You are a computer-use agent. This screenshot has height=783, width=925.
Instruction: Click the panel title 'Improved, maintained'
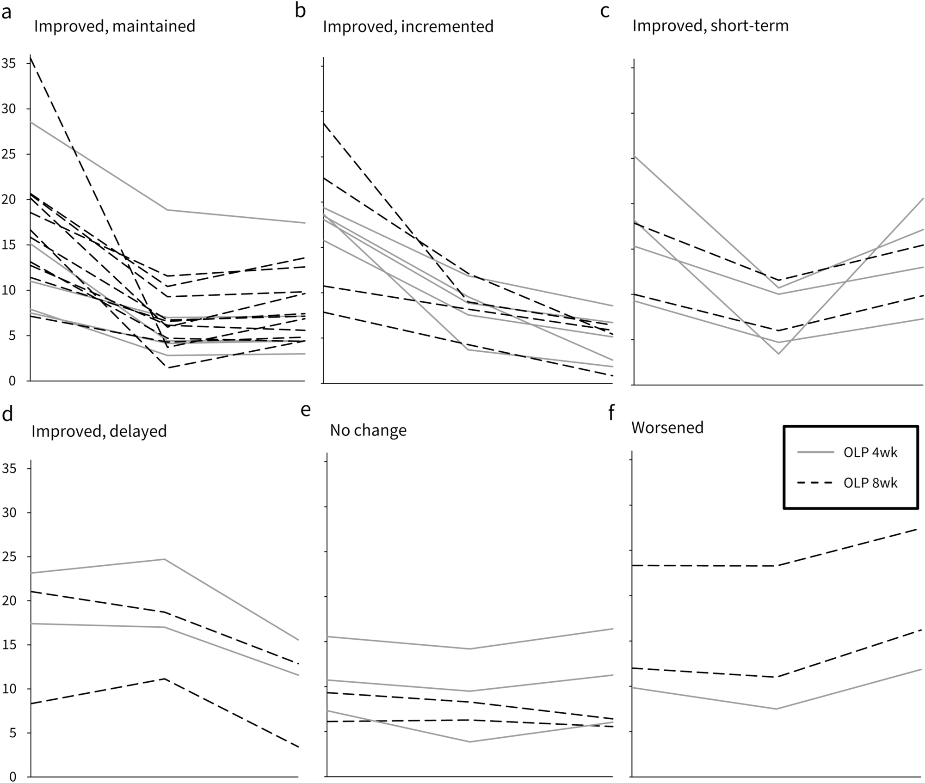point(115,26)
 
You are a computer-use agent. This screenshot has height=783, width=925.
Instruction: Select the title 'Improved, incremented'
point(408,26)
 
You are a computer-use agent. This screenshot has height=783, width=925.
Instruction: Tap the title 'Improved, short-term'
point(710,25)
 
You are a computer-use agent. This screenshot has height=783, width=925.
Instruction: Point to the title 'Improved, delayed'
point(99,431)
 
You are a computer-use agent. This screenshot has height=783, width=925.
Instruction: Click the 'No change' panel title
point(368,430)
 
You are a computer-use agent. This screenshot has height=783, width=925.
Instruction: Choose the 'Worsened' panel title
point(667,428)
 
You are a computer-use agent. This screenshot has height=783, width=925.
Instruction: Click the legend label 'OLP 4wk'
point(870,452)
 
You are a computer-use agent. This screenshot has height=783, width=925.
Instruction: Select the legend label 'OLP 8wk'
point(870,483)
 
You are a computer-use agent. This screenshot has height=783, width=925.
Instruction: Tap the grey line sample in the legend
point(816,452)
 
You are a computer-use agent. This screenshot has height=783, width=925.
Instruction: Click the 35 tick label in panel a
point(9,63)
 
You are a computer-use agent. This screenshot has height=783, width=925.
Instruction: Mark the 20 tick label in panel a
point(9,199)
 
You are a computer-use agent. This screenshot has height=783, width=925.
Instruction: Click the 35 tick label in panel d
point(9,469)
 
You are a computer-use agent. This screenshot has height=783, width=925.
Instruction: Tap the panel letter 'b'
point(301,11)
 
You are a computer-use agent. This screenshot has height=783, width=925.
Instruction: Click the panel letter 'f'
point(611,412)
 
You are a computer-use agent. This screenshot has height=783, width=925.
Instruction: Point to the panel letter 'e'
point(306,410)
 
